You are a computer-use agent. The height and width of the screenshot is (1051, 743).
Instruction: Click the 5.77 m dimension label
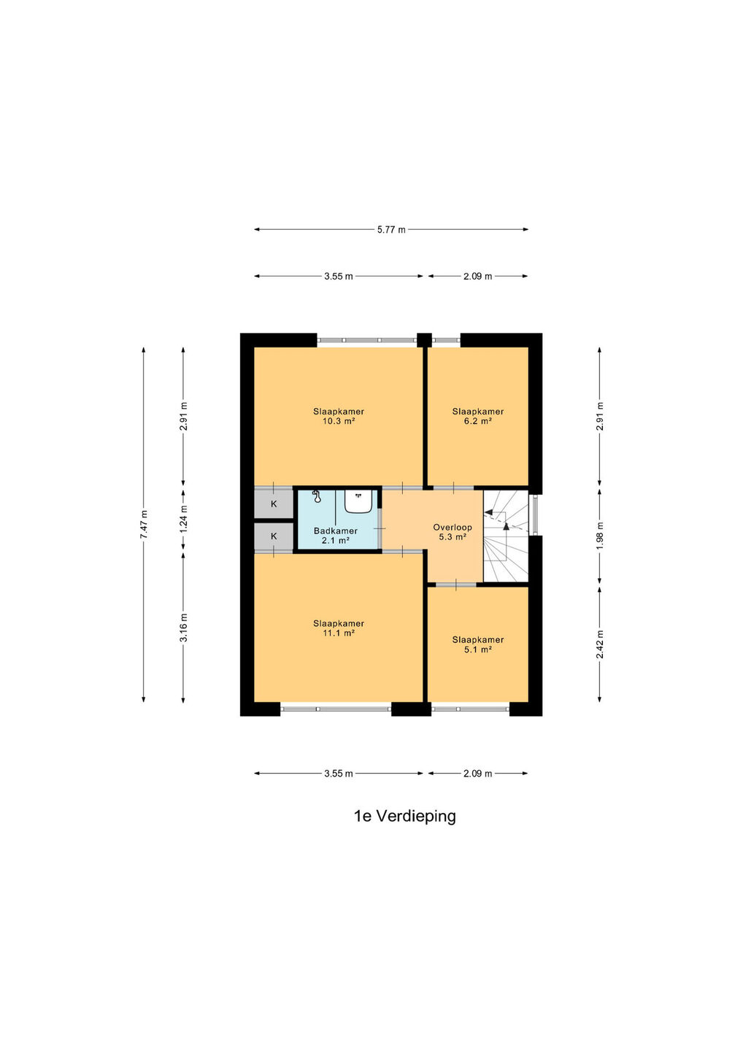(x=391, y=229)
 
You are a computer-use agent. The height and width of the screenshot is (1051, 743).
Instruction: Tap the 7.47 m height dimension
(x=144, y=524)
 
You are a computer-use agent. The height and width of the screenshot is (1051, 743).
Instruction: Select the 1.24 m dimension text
(x=183, y=520)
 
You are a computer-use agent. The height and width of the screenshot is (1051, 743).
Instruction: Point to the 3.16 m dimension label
(x=183, y=628)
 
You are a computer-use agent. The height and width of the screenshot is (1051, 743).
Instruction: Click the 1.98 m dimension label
(x=599, y=536)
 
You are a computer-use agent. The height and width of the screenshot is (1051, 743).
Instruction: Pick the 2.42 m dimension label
(x=599, y=644)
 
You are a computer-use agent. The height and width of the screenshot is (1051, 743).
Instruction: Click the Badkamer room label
(x=336, y=531)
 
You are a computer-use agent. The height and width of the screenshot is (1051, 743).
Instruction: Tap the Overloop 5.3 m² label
(x=453, y=532)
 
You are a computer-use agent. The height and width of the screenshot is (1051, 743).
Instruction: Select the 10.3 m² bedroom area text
(x=338, y=421)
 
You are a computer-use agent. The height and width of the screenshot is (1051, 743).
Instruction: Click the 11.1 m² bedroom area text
(x=338, y=633)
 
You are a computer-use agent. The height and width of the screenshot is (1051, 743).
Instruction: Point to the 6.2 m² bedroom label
(x=477, y=421)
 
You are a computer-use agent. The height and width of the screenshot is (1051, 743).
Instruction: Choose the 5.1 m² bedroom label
(x=477, y=650)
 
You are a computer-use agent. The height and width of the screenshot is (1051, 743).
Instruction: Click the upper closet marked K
(x=274, y=504)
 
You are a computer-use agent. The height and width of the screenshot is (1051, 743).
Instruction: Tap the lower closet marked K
(x=274, y=536)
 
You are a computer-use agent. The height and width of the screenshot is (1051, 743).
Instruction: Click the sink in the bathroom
(x=359, y=501)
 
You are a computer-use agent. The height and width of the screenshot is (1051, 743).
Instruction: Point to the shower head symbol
(x=317, y=496)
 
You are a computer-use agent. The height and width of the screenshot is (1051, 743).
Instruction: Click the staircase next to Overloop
(x=506, y=536)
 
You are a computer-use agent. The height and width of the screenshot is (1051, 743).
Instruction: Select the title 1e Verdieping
(x=405, y=816)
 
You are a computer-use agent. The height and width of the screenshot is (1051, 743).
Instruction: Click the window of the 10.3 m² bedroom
(x=367, y=340)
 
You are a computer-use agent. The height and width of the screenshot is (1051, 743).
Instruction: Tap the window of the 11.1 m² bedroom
(x=336, y=709)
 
